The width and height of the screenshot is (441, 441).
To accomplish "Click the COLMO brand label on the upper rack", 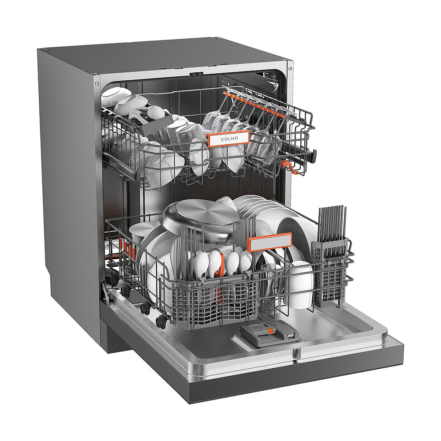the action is pos(228,138).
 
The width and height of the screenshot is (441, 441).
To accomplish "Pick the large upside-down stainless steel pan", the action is pos(200,219).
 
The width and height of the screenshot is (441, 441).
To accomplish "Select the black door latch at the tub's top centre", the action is pos(196,74).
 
